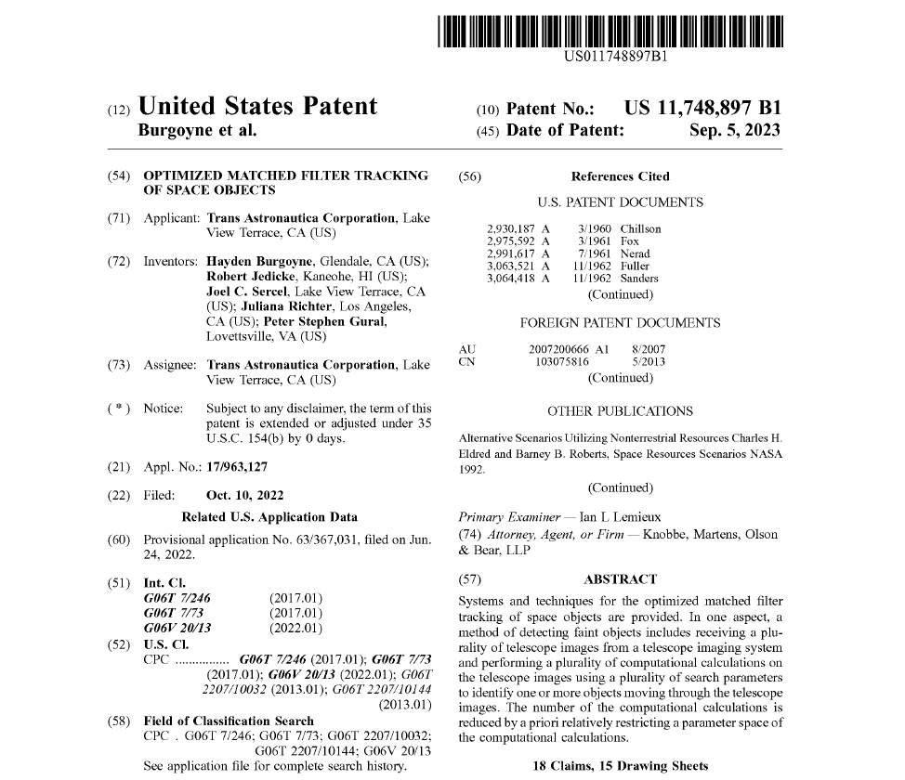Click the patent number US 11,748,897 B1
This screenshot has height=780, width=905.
(x=702, y=108)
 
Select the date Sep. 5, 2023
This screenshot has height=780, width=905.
(x=734, y=131)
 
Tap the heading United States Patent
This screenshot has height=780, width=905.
(x=257, y=106)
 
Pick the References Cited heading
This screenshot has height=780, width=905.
(x=620, y=176)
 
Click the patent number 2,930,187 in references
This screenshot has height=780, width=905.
(x=511, y=228)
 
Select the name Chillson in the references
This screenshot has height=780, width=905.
(x=640, y=228)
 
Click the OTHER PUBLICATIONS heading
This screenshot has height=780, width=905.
(x=620, y=410)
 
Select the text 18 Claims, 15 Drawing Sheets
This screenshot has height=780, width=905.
(x=620, y=766)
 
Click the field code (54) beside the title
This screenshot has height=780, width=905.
(x=118, y=175)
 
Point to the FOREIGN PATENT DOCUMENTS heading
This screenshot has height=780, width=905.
(x=620, y=323)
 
